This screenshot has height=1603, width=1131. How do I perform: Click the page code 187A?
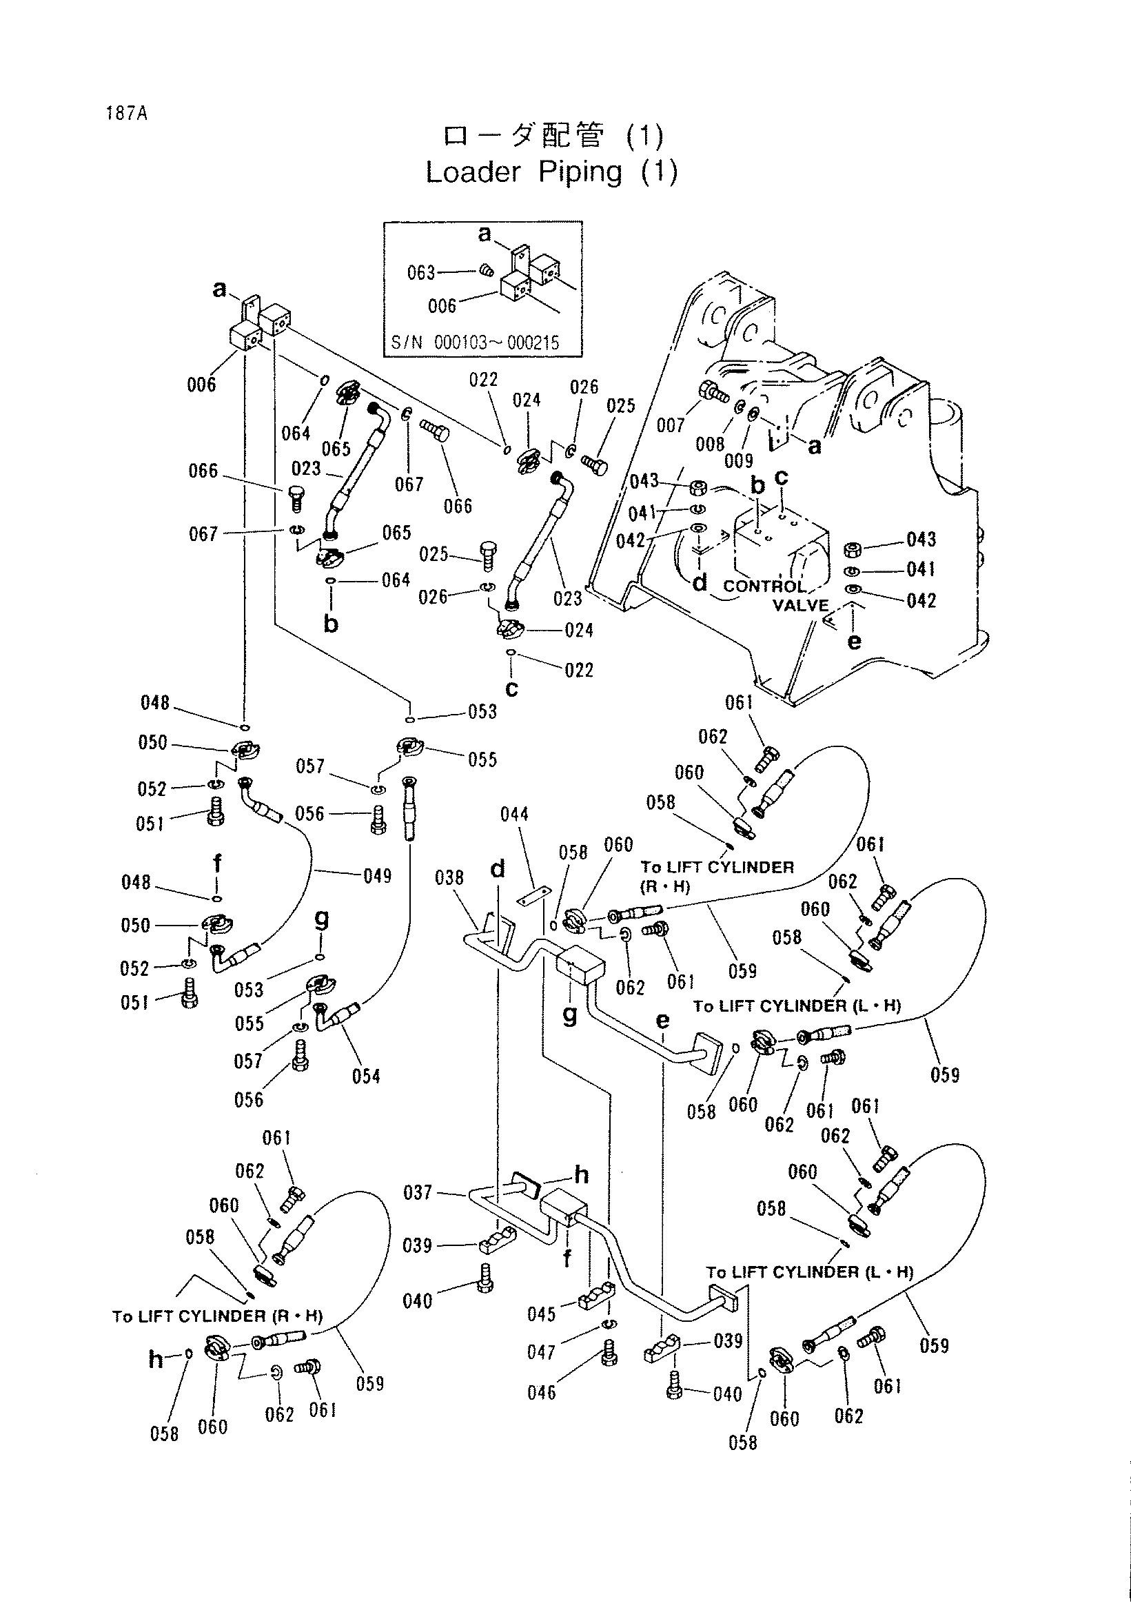(126, 113)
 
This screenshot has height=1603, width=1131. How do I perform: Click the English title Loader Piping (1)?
(551, 172)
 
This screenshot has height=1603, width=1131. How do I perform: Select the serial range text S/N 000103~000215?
(475, 343)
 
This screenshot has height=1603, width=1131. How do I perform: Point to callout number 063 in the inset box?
(421, 272)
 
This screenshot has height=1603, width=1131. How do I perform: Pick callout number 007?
(670, 425)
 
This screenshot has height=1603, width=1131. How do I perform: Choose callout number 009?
(739, 460)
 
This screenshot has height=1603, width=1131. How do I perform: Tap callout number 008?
(709, 444)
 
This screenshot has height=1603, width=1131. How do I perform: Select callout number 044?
(515, 814)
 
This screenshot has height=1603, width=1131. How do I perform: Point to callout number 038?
(449, 877)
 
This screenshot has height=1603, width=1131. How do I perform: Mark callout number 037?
(418, 1192)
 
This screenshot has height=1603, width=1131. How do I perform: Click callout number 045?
(541, 1314)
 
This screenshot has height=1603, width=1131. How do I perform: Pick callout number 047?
(541, 1352)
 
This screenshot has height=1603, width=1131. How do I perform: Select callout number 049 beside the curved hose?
(378, 875)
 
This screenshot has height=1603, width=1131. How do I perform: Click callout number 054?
(366, 1076)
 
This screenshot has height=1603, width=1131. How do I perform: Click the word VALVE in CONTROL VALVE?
(801, 605)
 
